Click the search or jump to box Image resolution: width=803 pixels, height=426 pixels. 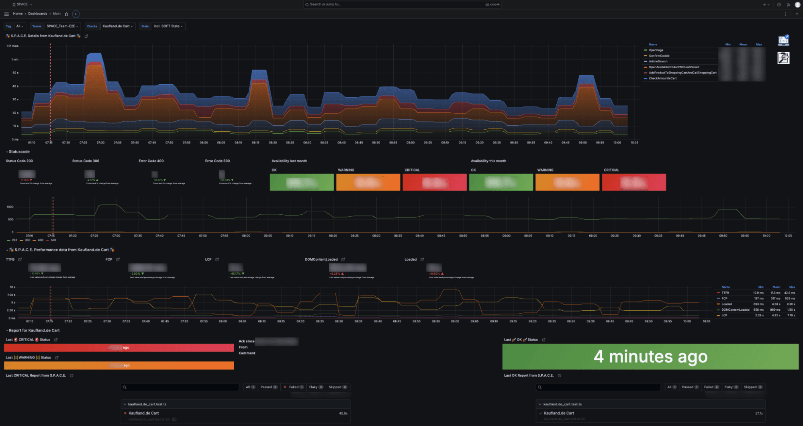[x=402, y=4]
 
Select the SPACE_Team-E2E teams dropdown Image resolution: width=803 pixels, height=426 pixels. [x=62, y=26]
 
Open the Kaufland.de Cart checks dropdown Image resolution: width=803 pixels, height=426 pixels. [x=117, y=26]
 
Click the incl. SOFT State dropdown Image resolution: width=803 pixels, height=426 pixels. [x=168, y=26]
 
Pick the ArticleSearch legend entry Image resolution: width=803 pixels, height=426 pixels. [x=658, y=61]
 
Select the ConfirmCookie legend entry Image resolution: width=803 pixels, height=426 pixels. [x=659, y=56]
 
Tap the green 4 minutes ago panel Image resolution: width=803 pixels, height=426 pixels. [x=650, y=357]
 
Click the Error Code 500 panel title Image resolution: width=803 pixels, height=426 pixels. [x=217, y=161]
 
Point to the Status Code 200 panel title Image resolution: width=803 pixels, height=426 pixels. [x=19, y=161]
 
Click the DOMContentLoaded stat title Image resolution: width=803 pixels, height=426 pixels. [x=321, y=259]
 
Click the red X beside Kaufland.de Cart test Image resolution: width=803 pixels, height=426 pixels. [x=125, y=413]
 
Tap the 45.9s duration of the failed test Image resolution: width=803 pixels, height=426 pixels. [x=343, y=413]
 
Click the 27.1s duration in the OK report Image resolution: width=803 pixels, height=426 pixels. [x=759, y=413]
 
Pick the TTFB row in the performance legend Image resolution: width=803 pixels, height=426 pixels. [x=725, y=293]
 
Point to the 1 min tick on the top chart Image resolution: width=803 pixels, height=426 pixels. [x=15, y=59]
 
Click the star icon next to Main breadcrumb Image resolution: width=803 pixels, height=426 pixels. [x=67, y=14]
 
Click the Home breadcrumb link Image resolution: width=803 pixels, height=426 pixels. [x=18, y=14]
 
